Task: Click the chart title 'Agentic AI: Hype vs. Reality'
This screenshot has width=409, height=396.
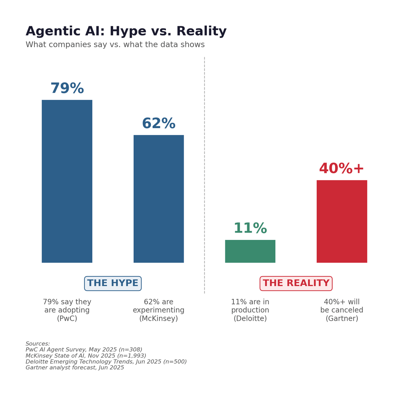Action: point(126,32)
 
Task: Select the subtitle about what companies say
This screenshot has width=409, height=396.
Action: point(115,45)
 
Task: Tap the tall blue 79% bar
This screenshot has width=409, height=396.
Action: point(67,181)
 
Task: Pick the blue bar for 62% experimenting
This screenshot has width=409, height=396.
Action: point(158,199)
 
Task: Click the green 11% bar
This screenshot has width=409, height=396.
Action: point(250,251)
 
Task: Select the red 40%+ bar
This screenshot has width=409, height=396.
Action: point(342,221)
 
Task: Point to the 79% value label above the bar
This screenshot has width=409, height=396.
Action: point(67,89)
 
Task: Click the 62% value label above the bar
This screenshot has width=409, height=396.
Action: point(158,124)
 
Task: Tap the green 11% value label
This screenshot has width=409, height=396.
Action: point(250,229)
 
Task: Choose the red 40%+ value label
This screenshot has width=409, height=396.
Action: point(342,169)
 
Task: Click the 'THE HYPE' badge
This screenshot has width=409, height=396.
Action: point(113,284)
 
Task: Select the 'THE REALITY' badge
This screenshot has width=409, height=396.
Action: point(296,284)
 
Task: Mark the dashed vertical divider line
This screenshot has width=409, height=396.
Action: point(204,170)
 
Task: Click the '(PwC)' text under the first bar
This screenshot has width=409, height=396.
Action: point(67,319)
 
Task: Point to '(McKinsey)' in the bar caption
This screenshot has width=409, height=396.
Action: point(158,319)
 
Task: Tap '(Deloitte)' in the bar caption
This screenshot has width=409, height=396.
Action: point(250,319)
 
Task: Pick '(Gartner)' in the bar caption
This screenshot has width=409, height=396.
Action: point(342,319)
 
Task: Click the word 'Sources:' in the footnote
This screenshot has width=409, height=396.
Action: point(38,344)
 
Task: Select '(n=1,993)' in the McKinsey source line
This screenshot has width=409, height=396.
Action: point(131,356)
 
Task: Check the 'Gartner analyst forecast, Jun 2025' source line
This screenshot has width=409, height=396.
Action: point(75,368)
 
